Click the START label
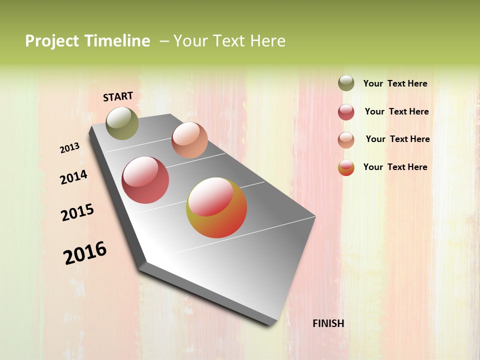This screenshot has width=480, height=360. pyautogui.click(x=118, y=96)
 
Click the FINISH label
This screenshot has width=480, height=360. pyautogui.click(x=328, y=323)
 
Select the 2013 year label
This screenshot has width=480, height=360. pyautogui.click(x=70, y=148)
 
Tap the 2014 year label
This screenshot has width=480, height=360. pyautogui.click(x=74, y=177)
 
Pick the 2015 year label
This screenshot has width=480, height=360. pyautogui.click(x=77, y=212)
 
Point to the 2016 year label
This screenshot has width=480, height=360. pyautogui.click(x=85, y=253)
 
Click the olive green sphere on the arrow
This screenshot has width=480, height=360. pyautogui.click(x=122, y=123)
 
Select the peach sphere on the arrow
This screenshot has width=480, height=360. pyautogui.click(x=189, y=140)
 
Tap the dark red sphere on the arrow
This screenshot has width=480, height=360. pyautogui.click(x=145, y=180)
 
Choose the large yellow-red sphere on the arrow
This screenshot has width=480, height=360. pyautogui.click(x=216, y=207)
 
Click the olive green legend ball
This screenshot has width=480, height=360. pyautogui.click(x=346, y=83)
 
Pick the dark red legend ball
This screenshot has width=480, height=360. pyautogui.click(x=346, y=112)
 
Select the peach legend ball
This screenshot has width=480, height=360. pyautogui.click(x=346, y=140)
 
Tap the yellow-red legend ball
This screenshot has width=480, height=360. pyautogui.click(x=346, y=167)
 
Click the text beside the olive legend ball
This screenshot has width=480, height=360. pyautogui.click(x=395, y=84)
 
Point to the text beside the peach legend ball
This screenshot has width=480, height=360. pyautogui.click(x=397, y=139)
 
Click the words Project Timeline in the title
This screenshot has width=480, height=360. pyautogui.click(x=87, y=41)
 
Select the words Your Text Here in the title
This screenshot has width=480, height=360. pyautogui.click(x=229, y=41)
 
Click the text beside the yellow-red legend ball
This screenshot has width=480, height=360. pyautogui.click(x=395, y=167)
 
